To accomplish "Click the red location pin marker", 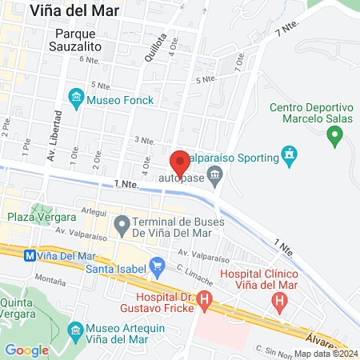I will [181, 162].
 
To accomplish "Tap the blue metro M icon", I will [30, 256].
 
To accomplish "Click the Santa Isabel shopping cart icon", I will [157, 264].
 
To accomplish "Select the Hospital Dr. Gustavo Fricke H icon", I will [206, 302].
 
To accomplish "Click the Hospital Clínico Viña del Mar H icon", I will [279, 302].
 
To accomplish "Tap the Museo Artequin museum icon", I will [76, 330].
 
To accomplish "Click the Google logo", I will [27, 350].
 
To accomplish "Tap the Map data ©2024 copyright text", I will [325, 353].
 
